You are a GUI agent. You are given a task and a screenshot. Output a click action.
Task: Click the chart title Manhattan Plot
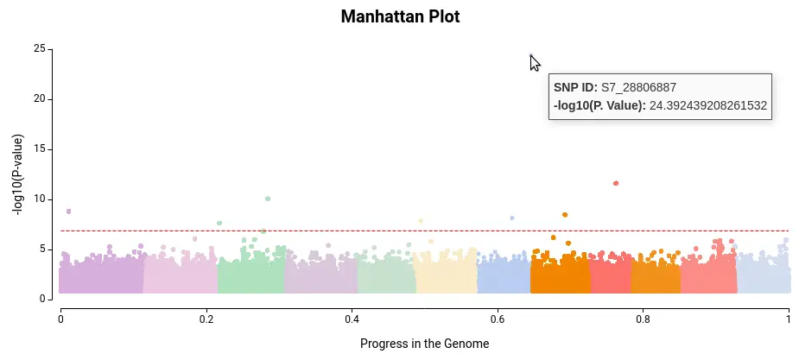tap(400, 16)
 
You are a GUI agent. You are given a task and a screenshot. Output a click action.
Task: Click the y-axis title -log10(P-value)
tap(18, 174)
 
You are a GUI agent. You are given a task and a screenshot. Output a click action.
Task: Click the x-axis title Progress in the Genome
tap(424, 344)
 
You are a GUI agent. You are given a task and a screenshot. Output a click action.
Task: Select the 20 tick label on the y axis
tap(40, 98)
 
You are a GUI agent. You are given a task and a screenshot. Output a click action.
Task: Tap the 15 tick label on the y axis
tap(40, 149)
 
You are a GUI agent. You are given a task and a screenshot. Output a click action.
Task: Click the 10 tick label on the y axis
tap(40, 199)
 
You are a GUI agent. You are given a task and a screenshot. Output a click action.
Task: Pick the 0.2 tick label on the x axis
tap(206, 319)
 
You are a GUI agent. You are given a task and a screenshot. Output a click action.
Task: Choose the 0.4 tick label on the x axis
tap(352, 319)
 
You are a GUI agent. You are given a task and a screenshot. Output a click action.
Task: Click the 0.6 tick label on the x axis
tap(498, 319)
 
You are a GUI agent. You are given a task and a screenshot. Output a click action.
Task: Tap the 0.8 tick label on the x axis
tap(643, 319)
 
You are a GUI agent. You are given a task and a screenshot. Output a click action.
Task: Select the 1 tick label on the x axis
tap(789, 319)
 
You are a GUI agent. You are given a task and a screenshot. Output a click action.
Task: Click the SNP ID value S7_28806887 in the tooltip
tap(638, 87)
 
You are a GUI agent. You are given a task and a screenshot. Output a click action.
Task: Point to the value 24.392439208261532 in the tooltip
tap(707, 105)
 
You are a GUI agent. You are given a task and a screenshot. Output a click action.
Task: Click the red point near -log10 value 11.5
tap(616, 183)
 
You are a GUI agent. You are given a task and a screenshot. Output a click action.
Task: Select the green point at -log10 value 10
tap(268, 199)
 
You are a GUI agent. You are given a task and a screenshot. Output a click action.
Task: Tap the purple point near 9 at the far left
tap(69, 212)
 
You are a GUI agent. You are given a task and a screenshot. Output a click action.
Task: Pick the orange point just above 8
tap(565, 215)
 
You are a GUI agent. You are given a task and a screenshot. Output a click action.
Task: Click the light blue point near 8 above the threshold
tap(512, 218)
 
